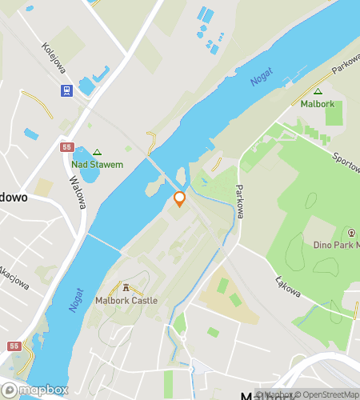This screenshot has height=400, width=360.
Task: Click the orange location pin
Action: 179,199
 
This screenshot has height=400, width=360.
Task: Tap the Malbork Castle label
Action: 126,301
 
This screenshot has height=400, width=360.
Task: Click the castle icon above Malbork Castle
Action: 126,287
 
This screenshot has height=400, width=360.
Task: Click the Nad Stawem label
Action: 98,165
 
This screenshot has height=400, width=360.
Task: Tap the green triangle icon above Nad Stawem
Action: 98,152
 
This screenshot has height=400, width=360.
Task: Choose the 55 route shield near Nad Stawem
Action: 66,147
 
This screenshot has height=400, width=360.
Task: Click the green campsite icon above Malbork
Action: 318,92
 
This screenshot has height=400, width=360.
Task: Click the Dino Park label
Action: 336,244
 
